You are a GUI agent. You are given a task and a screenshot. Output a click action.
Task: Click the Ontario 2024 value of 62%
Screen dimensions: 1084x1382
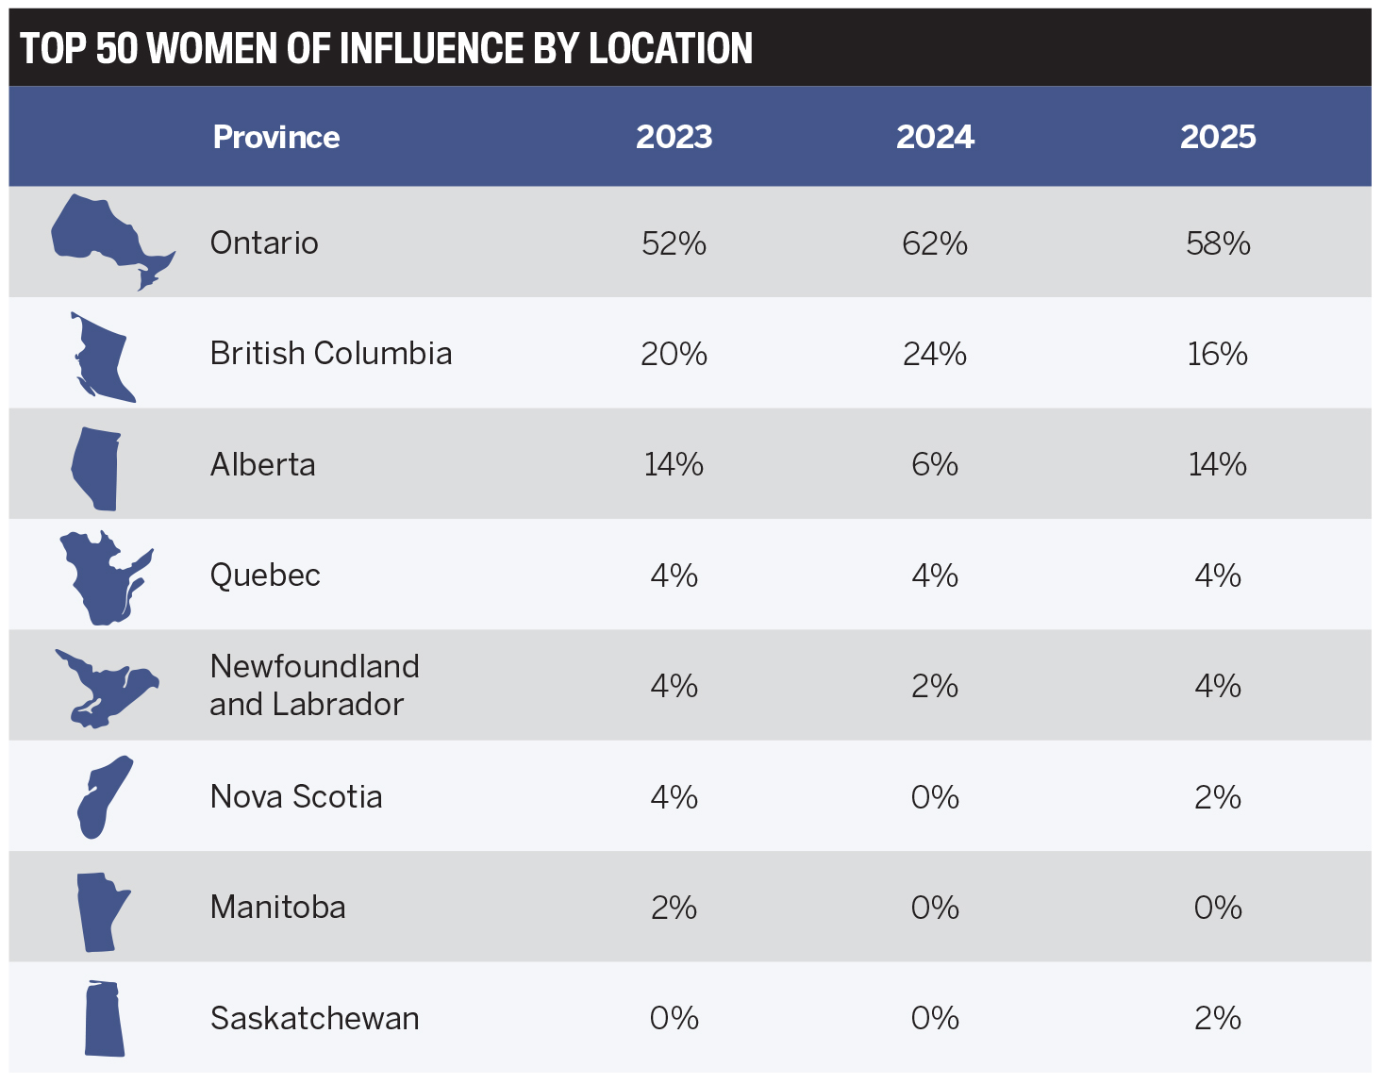934,243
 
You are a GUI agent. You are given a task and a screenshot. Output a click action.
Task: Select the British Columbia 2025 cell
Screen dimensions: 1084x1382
1217,354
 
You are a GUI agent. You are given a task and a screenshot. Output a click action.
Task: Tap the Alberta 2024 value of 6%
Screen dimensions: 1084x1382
934,464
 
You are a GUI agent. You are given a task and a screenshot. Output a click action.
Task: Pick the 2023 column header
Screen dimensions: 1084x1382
674,137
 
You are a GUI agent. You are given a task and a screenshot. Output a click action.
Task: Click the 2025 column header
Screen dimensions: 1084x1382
1217,137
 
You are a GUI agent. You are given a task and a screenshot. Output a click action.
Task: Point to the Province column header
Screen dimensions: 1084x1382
275,137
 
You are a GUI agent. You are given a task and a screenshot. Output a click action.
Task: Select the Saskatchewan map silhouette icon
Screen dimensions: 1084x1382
104,1018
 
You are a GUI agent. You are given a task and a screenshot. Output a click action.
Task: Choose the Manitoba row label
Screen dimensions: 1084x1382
277,907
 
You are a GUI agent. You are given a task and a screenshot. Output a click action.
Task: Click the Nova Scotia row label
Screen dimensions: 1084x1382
295,796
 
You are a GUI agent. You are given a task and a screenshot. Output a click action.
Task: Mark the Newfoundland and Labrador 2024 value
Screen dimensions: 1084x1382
934,686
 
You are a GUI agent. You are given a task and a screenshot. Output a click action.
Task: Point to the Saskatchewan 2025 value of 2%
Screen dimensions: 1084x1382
1217,1018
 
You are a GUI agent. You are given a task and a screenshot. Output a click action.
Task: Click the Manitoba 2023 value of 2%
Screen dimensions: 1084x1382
674,908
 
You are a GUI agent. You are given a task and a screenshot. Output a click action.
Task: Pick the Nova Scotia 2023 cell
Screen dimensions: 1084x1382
674,797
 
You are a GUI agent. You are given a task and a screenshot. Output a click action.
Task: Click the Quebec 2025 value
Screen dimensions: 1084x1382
1217,575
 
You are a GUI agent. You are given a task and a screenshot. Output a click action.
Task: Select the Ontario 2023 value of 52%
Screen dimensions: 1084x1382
674,243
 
